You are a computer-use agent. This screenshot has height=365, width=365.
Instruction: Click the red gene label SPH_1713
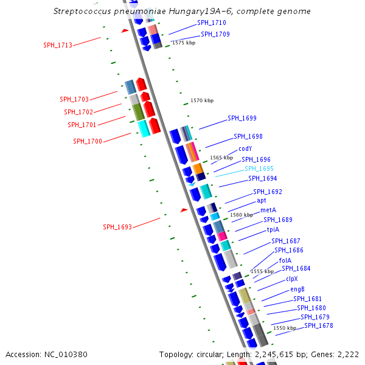point(58,45)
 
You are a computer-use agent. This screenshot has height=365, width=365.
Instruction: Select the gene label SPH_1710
point(212,23)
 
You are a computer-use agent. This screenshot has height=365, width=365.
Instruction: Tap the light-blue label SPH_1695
point(259,169)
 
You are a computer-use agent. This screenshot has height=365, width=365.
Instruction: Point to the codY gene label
point(245,148)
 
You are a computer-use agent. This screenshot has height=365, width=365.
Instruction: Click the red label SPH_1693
point(117,227)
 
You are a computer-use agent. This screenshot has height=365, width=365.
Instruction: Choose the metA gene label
point(268,210)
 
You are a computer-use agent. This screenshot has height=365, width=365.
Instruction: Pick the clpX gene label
point(291,279)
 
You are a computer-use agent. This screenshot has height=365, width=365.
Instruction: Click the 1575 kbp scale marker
point(184,43)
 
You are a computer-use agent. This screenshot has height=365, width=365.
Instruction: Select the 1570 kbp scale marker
point(202,100)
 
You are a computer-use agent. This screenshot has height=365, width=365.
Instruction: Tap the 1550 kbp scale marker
point(285,328)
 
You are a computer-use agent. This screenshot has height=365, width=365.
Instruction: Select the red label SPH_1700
point(88,141)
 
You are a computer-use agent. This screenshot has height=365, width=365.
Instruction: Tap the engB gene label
point(297,289)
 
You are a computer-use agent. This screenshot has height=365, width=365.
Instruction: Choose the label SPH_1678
point(319,325)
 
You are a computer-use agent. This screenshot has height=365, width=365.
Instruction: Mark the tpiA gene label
point(273,229)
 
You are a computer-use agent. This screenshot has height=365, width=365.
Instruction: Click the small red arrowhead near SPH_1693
point(184,210)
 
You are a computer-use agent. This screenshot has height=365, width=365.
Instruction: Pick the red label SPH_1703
point(74,99)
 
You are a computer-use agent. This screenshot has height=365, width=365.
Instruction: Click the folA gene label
point(285,260)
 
